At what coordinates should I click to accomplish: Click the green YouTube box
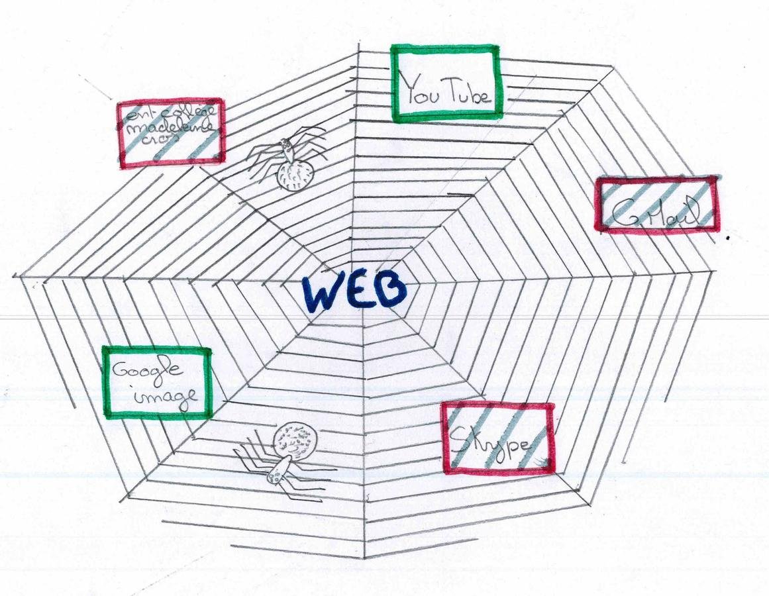(444, 83)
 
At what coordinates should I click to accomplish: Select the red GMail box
(657, 205)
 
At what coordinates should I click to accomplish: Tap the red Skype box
(498, 438)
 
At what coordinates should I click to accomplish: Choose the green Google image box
(157, 383)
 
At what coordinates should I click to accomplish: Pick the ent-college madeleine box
(171, 132)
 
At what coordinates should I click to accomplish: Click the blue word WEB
(354, 292)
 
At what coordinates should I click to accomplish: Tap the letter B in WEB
(389, 291)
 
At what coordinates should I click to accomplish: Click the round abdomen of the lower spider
(296, 439)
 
